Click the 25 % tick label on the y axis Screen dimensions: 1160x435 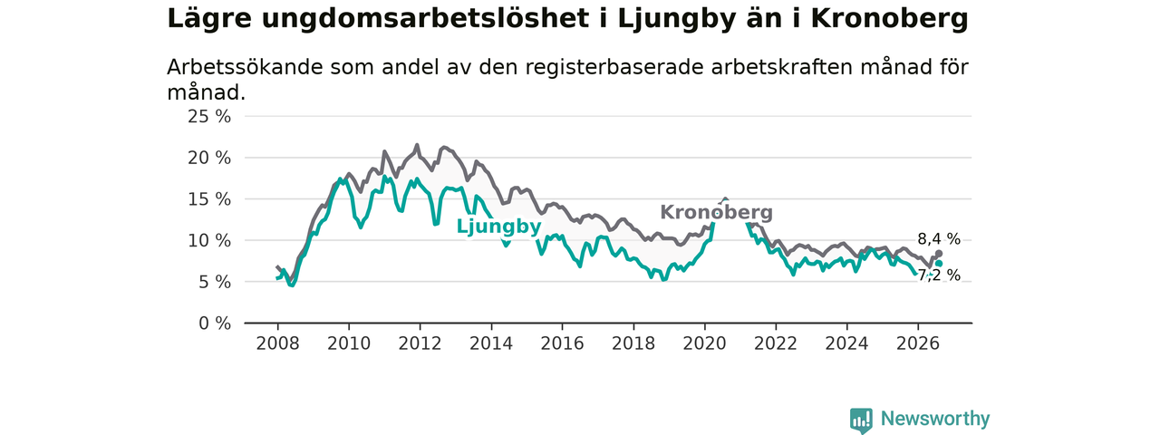tap(209, 117)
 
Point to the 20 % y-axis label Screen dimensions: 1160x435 tap(209, 158)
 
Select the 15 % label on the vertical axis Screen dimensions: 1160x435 tap(209, 199)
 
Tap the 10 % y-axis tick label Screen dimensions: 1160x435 tap(209, 241)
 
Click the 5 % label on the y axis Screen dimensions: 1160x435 tap(215, 282)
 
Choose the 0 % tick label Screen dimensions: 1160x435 tap(215, 324)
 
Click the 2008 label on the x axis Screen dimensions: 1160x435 tap(277, 343)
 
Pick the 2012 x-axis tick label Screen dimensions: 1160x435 tap(420, 343)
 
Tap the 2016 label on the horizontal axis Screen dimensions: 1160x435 tap(563, 343)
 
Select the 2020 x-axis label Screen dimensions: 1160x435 tap(704, 343)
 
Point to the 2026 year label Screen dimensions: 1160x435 tap(918, 343)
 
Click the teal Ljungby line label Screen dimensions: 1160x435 tap(498, 227)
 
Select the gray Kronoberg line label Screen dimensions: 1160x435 tap(716, 212)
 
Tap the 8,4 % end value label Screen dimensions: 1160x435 tap(939, 239)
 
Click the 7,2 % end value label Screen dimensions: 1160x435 tap(939, 275)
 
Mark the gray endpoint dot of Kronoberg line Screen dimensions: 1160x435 tap(939, 254)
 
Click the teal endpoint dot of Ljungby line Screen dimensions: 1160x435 tap(939, 264)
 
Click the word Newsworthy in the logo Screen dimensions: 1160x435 tap(935, 419)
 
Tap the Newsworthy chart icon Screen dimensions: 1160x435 tap(861, 420)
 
